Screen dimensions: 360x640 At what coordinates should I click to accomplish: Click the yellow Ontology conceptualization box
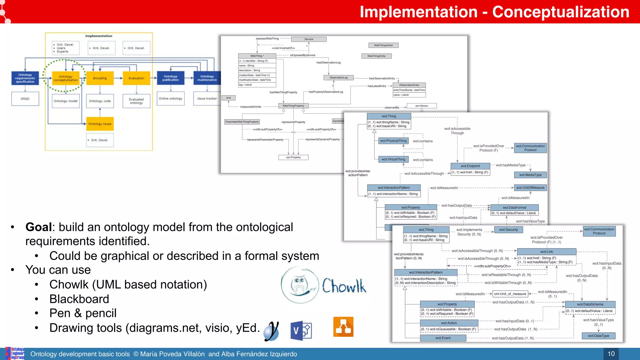(x=65, y=78)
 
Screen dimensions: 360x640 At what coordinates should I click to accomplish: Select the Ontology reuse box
(x=100, y=124)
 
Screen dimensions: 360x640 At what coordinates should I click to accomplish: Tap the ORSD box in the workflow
(x=25, y=99)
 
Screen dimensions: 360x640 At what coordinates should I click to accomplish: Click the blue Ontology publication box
(x=170, y=78)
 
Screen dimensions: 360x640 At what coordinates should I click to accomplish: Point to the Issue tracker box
(x=207, y=98)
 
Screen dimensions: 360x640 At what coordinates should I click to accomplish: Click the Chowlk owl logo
(x=300, y=285)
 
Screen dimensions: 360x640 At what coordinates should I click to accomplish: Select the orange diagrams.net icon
(x=343, y=327)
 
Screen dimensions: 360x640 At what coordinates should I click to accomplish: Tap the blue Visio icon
(x=301, y=330)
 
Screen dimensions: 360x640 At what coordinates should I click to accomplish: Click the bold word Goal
(x=38, y=227)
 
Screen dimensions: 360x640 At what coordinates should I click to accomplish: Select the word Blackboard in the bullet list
(x=79, y=299)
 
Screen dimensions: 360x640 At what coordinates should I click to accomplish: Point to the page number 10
(x=611, y=354)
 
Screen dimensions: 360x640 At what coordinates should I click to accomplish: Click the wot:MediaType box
(x=530, y=175)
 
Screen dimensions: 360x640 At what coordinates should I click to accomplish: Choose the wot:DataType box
(x=598, y=336)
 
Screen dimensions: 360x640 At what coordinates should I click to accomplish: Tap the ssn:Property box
(x=293, y=157)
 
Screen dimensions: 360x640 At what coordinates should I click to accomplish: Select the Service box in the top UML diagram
(x=309, y=39)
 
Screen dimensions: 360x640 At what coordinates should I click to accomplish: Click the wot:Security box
(x=508, y=230)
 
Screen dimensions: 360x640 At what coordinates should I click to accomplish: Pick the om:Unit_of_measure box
(x=510, y=294)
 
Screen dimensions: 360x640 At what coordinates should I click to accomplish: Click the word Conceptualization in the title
(x=561, y=12)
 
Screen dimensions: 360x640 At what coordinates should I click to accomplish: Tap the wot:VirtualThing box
(x=393, y=159)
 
